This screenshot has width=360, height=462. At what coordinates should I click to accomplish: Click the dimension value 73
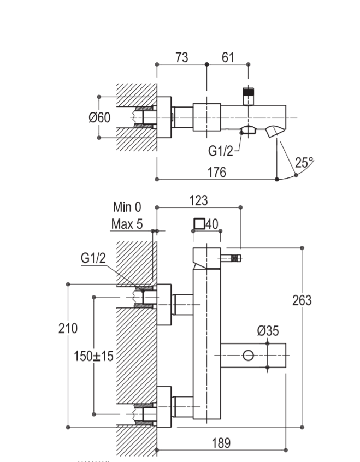[x=181, y=57]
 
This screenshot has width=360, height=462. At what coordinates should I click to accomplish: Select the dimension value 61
[x=227, y=57]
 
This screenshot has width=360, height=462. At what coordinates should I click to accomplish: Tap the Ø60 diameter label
[x=99, y=117]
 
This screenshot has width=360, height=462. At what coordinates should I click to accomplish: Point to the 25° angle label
[x=304, y=162]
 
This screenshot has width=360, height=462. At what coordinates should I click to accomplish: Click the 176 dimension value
[x=216, y=172]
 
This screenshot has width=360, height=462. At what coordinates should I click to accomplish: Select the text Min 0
[x=127, y=207]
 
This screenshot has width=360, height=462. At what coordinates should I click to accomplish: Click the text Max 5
[x=127, y=224]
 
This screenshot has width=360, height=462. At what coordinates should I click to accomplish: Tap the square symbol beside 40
[x=199, y=224]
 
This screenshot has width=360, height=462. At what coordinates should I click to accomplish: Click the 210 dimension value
[x=68, y=328]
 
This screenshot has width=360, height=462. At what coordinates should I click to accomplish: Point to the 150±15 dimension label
[x=93, y=356]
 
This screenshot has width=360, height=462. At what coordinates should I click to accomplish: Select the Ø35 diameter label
[x=268, y=330]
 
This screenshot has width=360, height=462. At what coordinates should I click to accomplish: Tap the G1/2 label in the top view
[x=220, y=151]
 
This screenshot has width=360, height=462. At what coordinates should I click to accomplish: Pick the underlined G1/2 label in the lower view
[x=93, y=258]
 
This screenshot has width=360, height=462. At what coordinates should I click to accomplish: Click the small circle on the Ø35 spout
[x=249, y=356]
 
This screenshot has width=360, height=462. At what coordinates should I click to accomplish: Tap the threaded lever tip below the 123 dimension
[x=237, y=258]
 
